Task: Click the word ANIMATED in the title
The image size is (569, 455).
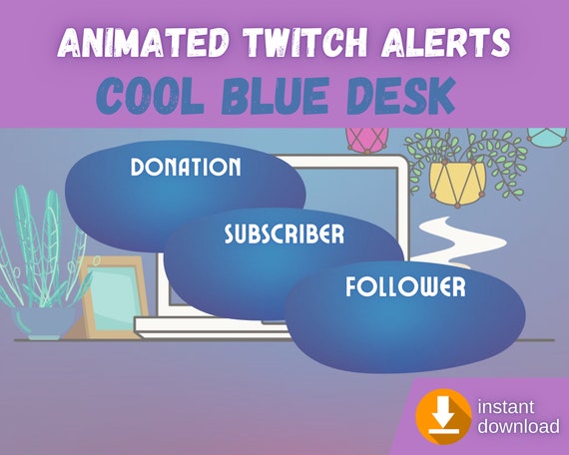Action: pos(143,42)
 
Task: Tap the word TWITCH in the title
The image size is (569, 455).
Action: pos(305,42)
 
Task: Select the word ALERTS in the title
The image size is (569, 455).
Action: pos(446,42)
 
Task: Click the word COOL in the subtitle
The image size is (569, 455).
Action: pos(150,96)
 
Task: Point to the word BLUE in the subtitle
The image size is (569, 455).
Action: pos(276,96)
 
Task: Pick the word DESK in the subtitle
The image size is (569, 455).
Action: pos(401,96)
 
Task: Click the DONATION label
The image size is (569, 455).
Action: pos(186,167)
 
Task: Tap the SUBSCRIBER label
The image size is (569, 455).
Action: pos(284,233)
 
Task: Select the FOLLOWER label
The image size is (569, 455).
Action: pos(405,286)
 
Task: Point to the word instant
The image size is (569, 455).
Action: pos(505,407)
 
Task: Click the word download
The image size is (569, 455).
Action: pos(518,426)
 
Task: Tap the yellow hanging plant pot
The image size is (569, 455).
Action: pos(457,183)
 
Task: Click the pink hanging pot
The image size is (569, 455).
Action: pos(366,140)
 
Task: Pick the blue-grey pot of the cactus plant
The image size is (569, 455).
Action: pos(44,322)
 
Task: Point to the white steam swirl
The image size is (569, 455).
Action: pos(458,240)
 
